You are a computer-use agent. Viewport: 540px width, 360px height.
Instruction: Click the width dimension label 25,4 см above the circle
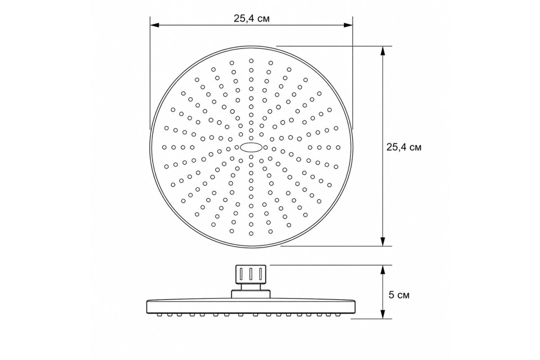(x=252, y=18)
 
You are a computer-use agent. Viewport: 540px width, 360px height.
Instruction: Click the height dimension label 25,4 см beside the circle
(x=404, y=147)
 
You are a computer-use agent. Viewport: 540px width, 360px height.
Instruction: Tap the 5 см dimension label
(x=399, y=295)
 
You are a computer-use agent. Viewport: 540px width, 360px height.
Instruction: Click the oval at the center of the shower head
(x=251, y=147)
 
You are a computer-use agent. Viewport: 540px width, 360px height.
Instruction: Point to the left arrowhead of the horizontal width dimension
(x=154, y=25)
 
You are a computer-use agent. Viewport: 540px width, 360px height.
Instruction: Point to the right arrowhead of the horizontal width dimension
(x=348, y=25)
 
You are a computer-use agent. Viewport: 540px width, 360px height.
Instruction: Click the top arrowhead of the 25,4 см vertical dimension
(x=382, y=51)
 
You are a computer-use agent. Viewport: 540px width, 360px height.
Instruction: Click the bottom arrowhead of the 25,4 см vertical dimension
(x=382, y=242)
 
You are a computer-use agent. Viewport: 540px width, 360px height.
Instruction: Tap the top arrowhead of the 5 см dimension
(x=382, y=270)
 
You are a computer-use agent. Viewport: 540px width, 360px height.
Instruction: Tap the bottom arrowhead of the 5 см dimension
(x=382, y=314)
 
